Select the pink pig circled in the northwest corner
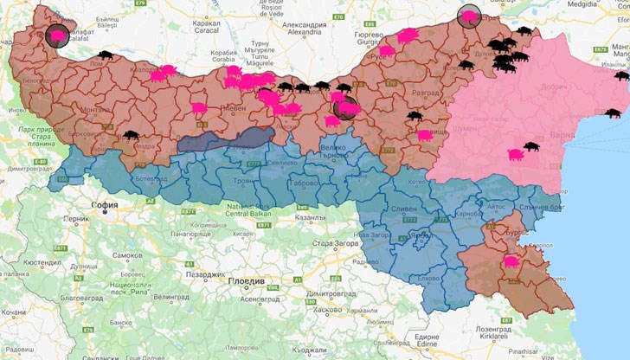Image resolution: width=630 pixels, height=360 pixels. click(57, 36)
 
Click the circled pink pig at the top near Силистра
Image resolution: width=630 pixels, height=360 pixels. click(469, 15)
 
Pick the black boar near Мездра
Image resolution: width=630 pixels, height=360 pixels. click(130, 135)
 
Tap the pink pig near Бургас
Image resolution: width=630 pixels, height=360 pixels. click(510, 260)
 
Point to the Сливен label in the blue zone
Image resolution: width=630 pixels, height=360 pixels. click(408, 208)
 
